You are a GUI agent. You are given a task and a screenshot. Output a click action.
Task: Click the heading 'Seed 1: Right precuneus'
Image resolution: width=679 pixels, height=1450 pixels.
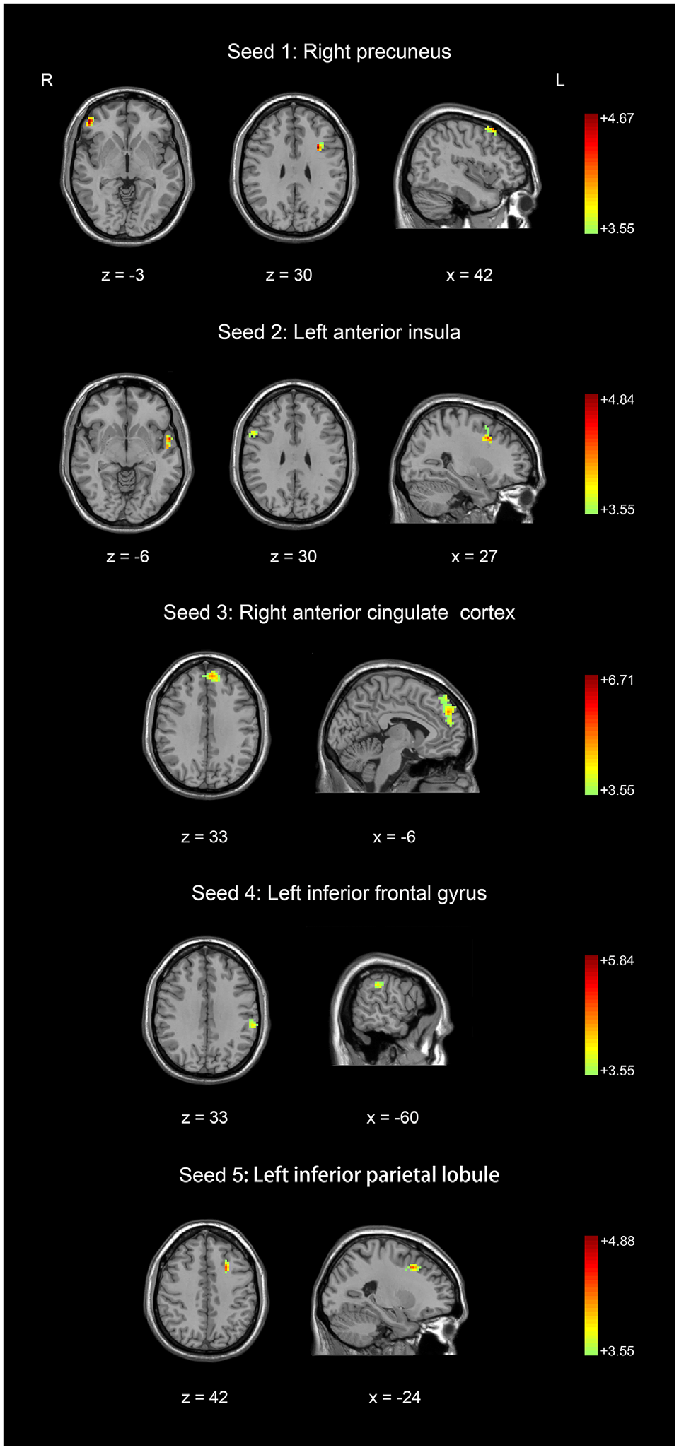339,52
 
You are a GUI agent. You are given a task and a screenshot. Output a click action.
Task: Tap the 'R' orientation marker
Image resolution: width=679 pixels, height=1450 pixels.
47,81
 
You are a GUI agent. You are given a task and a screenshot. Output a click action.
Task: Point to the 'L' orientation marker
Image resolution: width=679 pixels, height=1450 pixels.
559,81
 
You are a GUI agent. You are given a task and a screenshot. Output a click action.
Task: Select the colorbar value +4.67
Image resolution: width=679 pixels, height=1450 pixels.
617,119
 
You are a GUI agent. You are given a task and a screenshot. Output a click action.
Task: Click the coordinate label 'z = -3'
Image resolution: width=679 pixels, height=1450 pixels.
122,275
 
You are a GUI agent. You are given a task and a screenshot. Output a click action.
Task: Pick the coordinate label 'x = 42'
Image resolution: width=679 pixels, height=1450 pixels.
469,275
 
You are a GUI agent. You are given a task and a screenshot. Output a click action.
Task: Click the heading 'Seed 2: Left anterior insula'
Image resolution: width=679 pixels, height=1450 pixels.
339,332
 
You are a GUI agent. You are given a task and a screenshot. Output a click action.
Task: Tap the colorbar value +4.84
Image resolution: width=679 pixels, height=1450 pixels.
617,400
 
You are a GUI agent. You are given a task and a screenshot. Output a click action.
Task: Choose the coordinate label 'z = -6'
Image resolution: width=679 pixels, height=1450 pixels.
127,556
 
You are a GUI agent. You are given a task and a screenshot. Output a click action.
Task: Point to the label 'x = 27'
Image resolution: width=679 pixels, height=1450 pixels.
474,556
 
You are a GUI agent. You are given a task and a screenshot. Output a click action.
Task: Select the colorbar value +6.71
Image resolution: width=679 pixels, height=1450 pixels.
617,680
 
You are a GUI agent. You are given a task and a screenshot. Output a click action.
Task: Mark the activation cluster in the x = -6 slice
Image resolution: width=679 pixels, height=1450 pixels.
447,710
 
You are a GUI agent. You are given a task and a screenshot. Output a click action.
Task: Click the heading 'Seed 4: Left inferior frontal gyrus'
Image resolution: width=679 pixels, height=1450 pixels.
339,893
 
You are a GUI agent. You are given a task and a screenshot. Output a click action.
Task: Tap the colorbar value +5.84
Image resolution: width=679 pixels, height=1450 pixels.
617,961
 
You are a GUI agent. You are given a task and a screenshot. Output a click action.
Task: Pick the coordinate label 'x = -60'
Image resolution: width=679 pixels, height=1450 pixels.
393,1117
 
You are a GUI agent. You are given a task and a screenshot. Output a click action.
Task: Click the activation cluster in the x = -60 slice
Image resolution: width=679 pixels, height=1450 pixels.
379,984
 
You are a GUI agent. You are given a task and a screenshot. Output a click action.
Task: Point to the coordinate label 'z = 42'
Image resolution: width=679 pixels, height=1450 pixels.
204,1397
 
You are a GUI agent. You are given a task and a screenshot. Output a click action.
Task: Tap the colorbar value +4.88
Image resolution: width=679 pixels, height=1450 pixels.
617,1242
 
